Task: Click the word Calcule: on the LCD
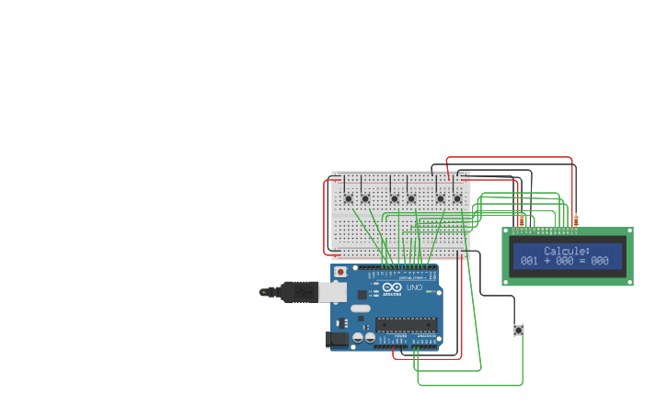[567, 251]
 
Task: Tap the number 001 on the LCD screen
[529, 261]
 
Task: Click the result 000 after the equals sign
[600, 261]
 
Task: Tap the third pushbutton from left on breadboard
[395, 198]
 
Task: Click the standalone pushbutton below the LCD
[519, 330]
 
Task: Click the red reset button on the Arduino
[340, 272]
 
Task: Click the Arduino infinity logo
[392, 287]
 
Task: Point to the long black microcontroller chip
[405, 323]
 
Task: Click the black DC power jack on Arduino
[336, 340]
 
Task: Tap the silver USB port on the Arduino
[332, 292]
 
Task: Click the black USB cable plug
[299, 292]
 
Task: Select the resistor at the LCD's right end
[576, 220]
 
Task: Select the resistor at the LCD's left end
[522, 220]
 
